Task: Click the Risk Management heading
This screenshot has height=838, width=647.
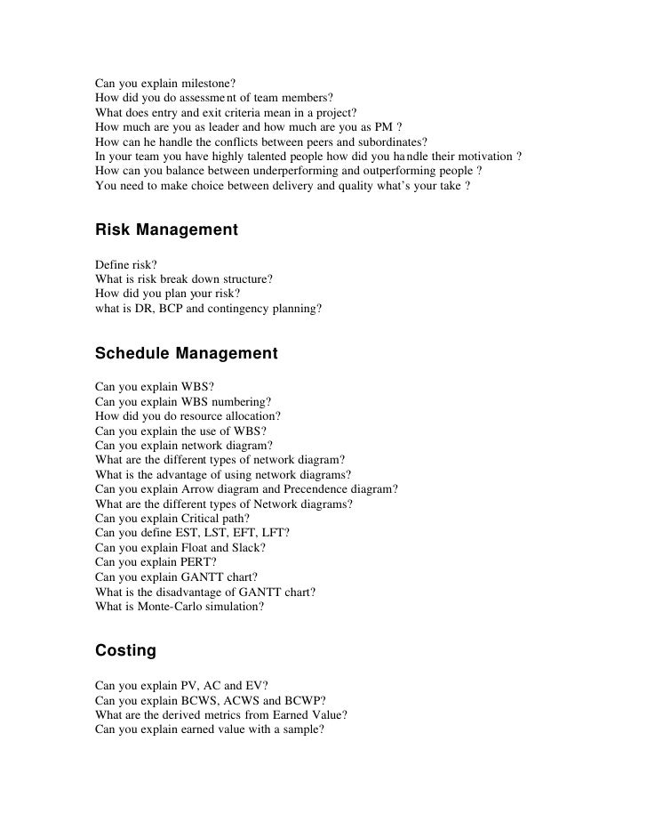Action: pyautogui.click(x=166, y=230)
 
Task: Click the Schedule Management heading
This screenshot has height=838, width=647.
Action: pyautogui.click(x=186, y=354)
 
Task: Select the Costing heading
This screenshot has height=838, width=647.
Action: pyautogui.click(x=125, y=650)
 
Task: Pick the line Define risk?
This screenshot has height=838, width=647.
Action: pyautogui.click(x=125, y=265)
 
